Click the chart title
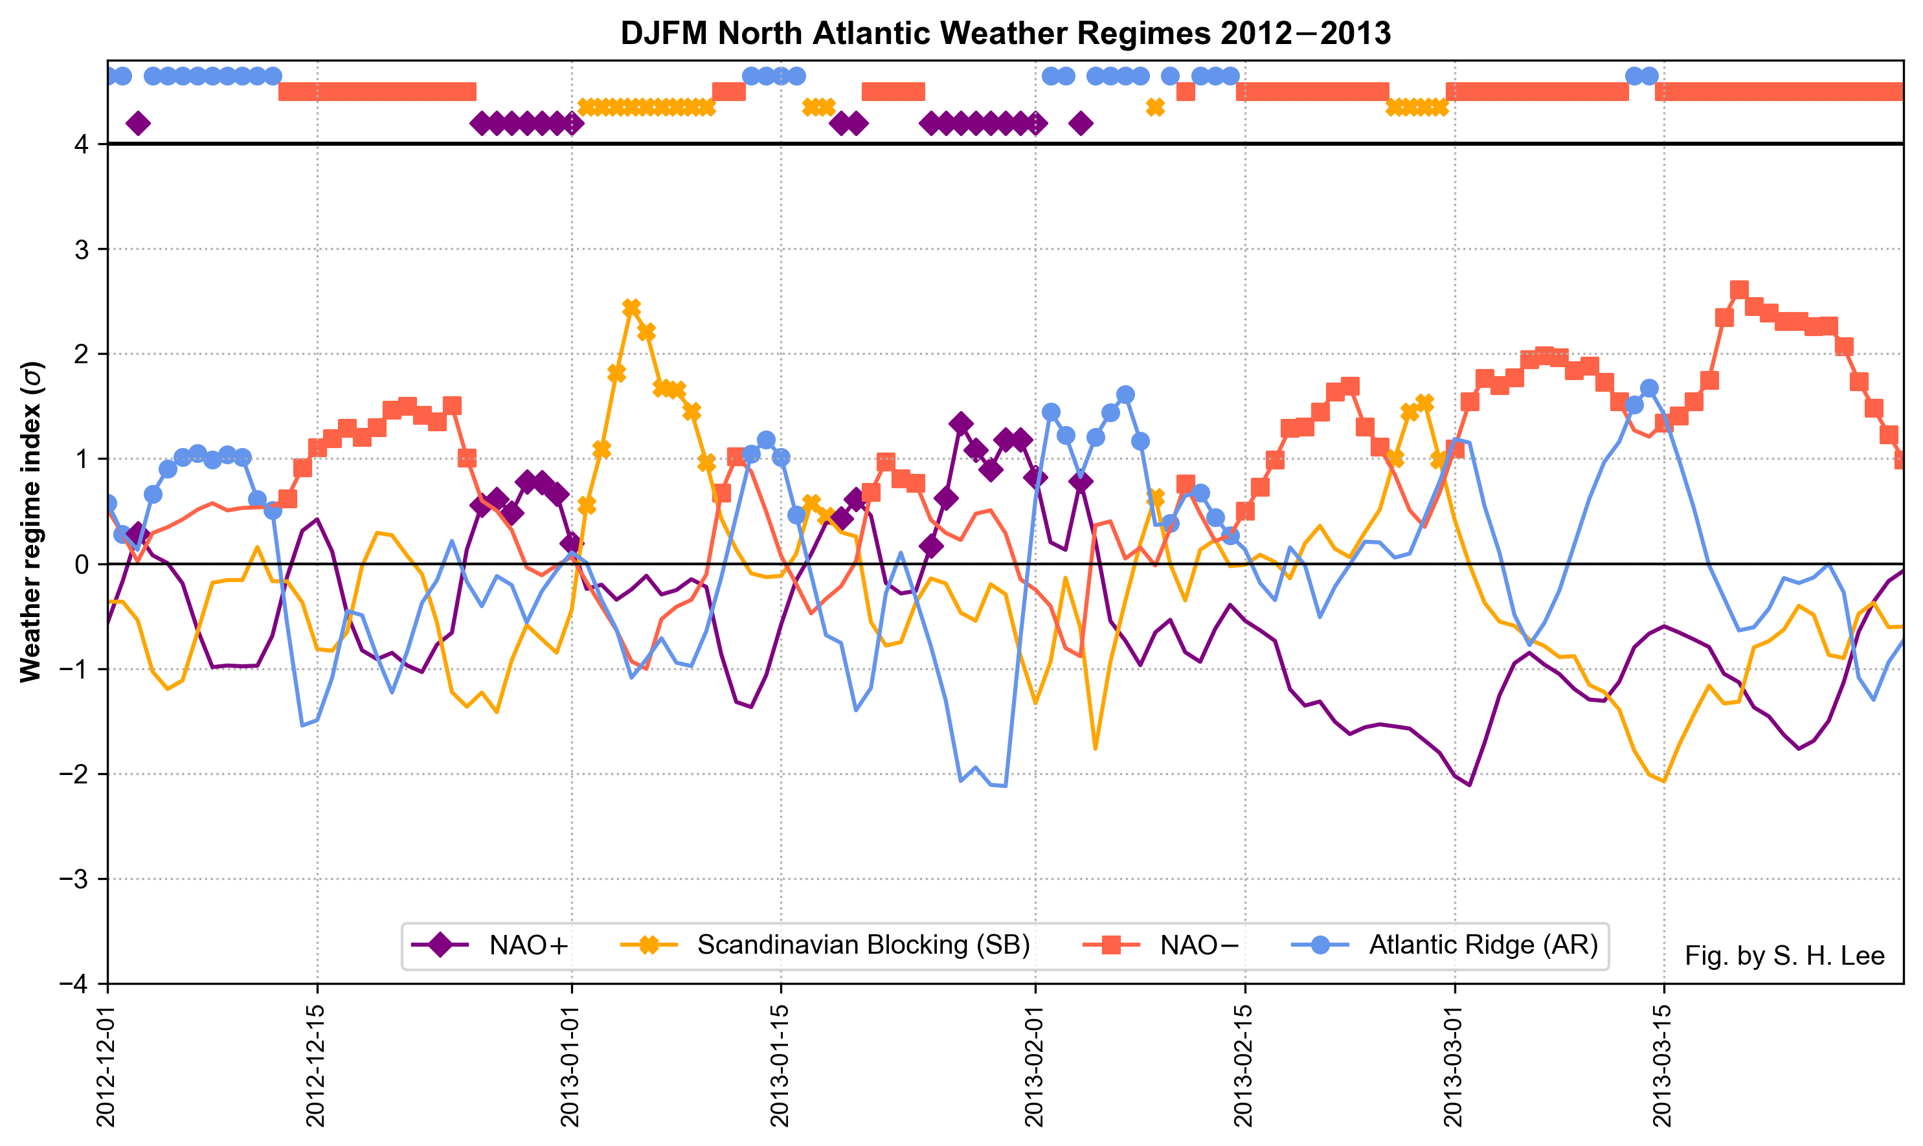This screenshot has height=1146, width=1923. [1005, 34]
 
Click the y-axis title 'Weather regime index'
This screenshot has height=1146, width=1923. [31, 522]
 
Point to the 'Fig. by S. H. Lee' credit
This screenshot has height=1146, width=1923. [1784, 956]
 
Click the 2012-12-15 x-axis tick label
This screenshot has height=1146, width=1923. [317, 1066]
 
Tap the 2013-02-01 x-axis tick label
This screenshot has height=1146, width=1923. [1035, 1066]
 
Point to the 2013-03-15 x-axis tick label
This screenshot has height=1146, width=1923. [1663, 1066]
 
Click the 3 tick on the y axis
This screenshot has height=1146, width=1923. [81, 249]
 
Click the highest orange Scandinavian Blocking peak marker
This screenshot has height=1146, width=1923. [631, 308]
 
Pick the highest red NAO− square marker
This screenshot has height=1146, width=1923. [1739, 289]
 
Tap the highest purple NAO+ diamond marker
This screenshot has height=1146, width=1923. [961, 423]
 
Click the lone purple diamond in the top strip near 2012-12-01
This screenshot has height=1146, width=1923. [139, 124]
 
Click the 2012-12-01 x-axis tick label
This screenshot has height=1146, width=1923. [107, 1066]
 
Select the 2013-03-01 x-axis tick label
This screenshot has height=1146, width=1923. [1454, 1066]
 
